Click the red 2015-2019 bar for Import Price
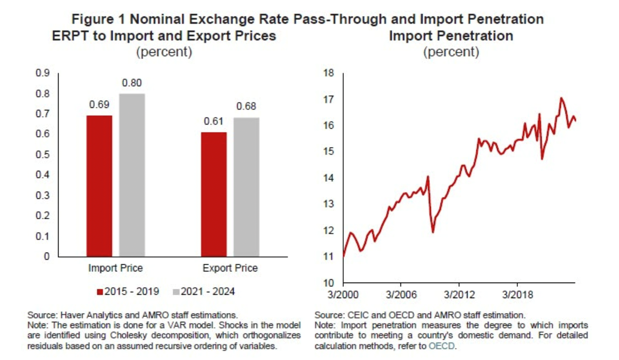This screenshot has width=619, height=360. click(x=99, y=186)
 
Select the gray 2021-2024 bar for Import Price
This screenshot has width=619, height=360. click(x=132, y=175)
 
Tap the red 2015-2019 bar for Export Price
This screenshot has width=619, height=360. click(x=214, y=194)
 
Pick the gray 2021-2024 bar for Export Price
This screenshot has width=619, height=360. click(x=246, y=187)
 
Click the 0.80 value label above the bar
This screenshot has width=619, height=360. click(x=132, y=83)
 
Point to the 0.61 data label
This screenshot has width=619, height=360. click(x=214, y=122)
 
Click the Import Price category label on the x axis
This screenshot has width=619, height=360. click(x=115, y=268)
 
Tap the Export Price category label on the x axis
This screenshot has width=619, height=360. click(x=230, y=268)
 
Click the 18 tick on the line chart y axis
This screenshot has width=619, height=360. click(x=329, y=73)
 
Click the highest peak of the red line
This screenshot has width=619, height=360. click(x=561, y=98)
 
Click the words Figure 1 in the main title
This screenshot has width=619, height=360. click(x=98, y=19)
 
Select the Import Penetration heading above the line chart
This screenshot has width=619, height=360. click(x=451, y=36)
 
